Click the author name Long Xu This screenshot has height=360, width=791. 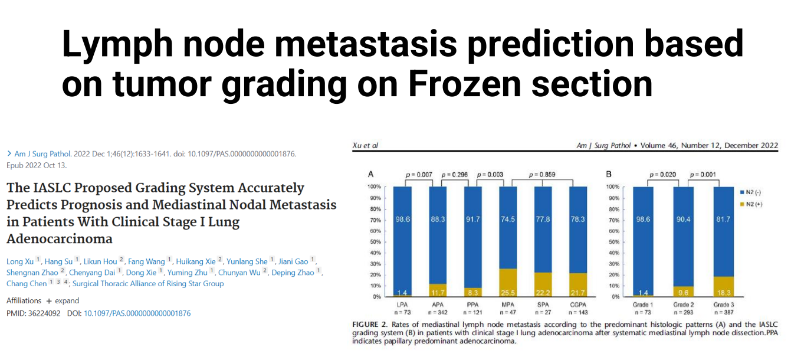point(20,261)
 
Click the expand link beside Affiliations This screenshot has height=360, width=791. point(67,300)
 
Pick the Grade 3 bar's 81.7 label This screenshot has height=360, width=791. point(722,220)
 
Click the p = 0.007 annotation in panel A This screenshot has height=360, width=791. point(419,175)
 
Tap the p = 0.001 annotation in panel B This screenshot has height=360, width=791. point(702,175)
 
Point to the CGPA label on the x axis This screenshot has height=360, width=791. point(577,305)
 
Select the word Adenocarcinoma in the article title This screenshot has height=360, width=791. point(59,239)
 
